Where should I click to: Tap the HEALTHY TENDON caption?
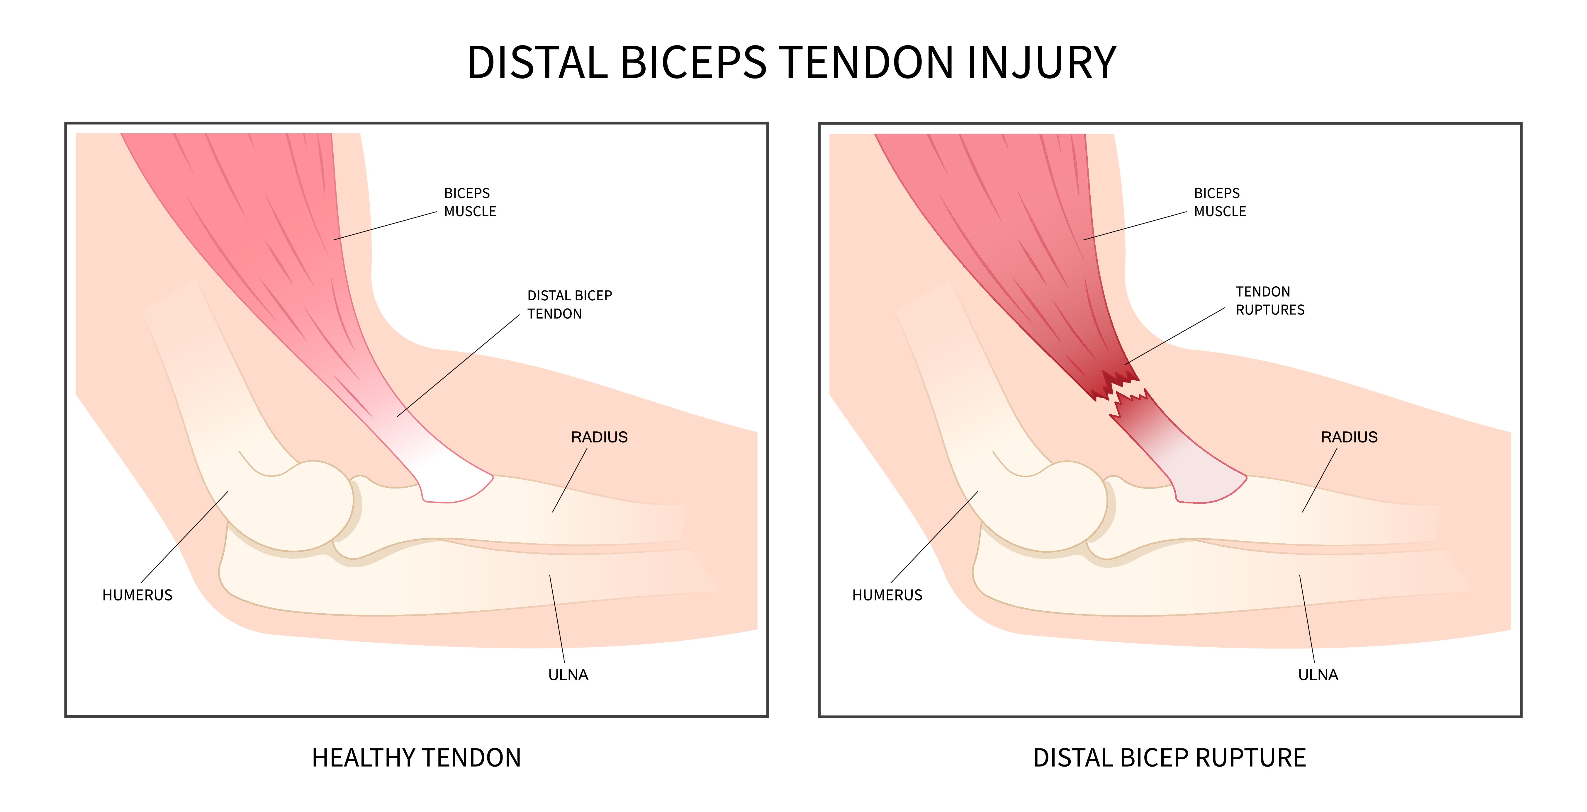[416, 757]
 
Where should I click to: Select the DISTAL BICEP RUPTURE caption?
[1169, 757]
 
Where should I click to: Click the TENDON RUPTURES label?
[1270, 300]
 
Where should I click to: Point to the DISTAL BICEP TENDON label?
[569, 305]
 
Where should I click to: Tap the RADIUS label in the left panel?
[599, 437]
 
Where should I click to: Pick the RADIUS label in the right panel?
[1349, 437]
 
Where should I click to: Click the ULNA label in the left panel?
[568, 675]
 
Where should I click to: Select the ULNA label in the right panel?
[1318, 675]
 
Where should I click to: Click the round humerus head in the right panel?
[1069, 505]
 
